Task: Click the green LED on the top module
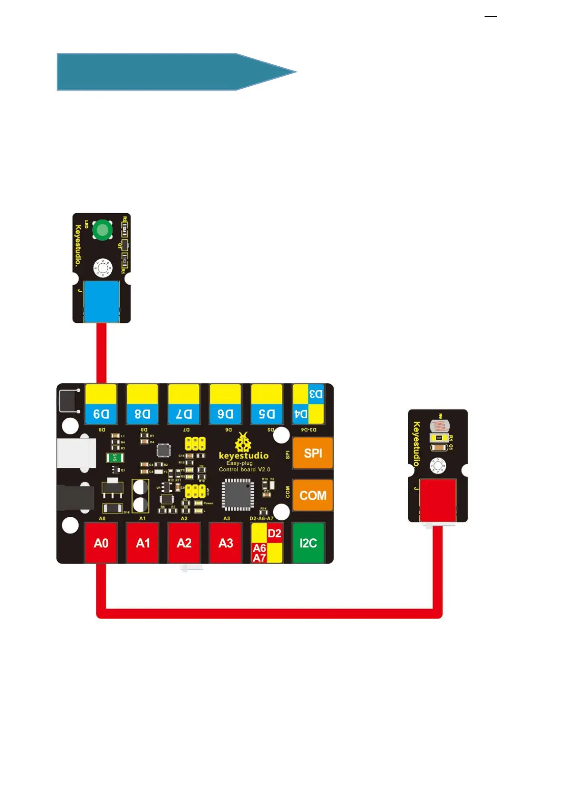tap(102, 230)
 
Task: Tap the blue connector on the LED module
tap(101, 301)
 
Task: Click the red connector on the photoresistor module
tap(438, 500)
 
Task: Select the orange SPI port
tap(312, 453)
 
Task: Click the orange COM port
tap(312, 495)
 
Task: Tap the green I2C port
tap(308, 543)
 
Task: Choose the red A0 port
tap(101, 543)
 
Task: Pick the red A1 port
tap(143, 543)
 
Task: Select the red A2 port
tap(184, 543)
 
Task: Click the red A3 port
tap(226, 543)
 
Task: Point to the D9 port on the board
tap(101, 404)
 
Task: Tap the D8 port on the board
tap(142, 404)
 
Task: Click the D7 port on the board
tap(184, 404)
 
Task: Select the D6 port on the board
tap(225, 404)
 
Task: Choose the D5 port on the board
tap(267, 404)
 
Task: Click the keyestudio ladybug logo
tap(243, 443)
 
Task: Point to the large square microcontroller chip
tap(238, 494)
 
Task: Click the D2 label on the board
tap(274, 534)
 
